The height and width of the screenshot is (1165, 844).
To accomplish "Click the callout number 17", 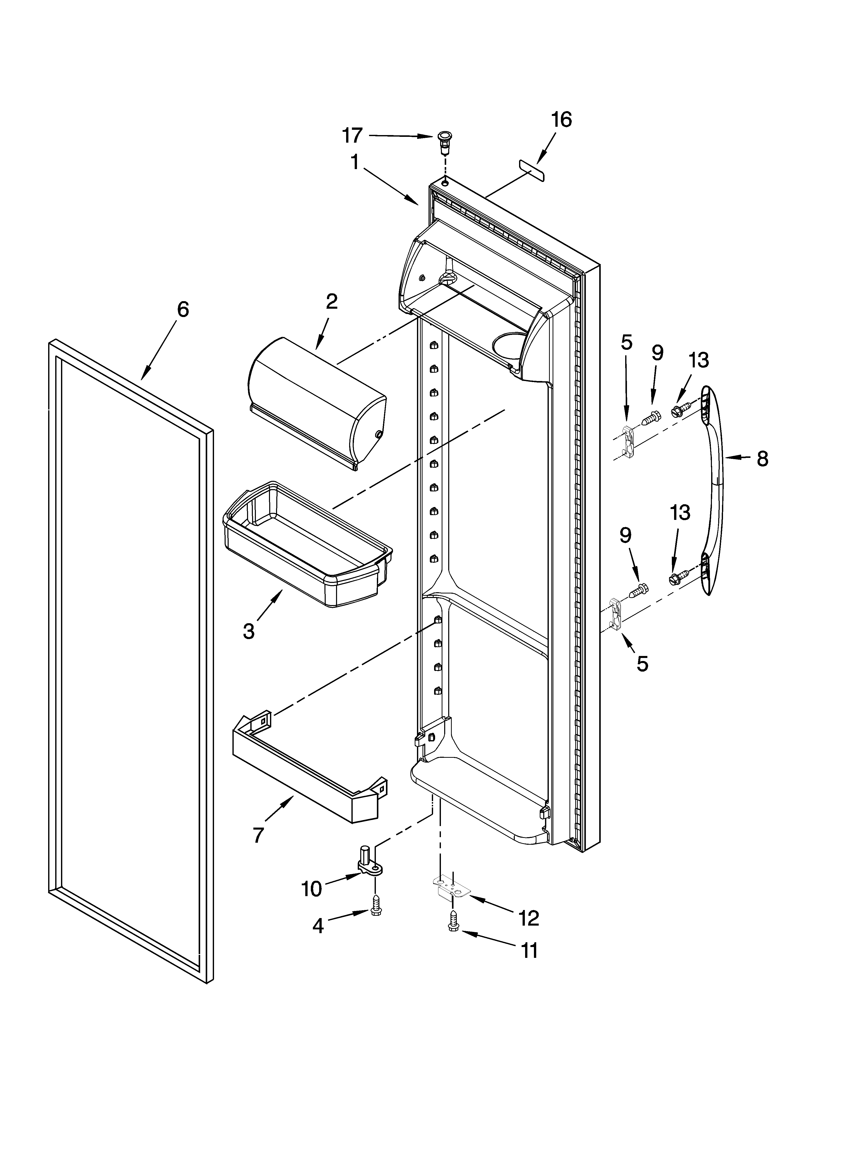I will (x=353, y=136).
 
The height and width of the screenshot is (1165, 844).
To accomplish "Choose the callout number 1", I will (x=355, y=162).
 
